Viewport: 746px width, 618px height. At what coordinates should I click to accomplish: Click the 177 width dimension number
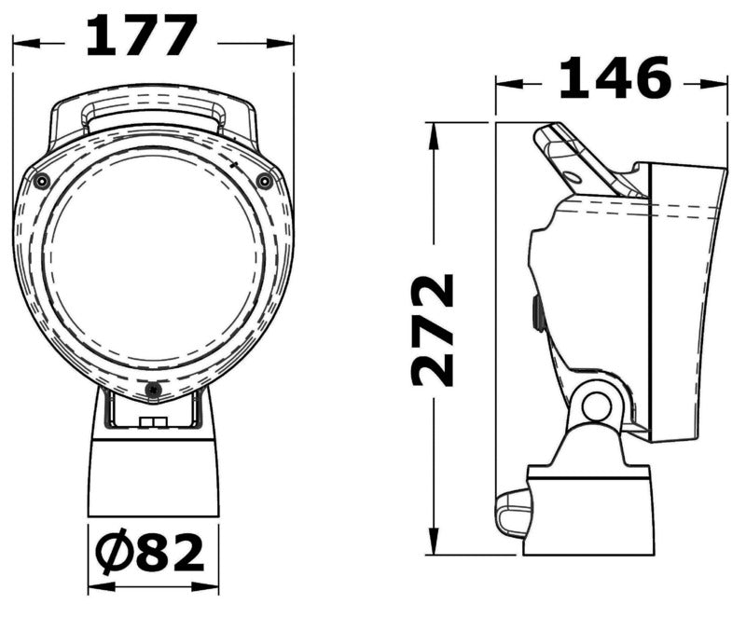(142, 35)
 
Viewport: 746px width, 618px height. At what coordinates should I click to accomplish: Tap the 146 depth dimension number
(615, 78)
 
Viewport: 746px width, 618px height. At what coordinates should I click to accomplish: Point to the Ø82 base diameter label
(149, 551)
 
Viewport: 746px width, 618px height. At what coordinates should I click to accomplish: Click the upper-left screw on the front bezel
(42, 181)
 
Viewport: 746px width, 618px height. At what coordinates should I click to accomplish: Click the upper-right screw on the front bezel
(264, 181)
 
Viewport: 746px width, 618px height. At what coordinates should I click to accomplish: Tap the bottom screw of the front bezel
(153, 391)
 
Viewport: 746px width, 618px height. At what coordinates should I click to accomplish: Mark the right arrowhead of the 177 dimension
(282, 43)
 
